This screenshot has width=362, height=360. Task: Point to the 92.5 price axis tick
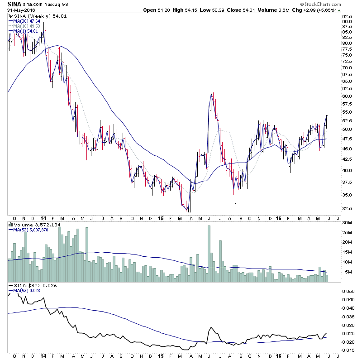[347, 16]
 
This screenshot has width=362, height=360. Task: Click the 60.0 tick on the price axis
[347, 96]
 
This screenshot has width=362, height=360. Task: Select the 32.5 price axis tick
[347, 208]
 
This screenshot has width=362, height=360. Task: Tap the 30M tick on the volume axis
[348, 222]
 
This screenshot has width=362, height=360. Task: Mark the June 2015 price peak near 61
[211, 94]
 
